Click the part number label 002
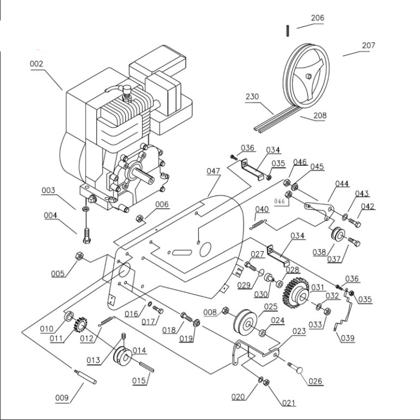coord(36,64)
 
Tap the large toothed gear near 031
coord(295,293)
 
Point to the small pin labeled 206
coord(288,31)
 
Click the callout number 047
coord(213,171)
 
